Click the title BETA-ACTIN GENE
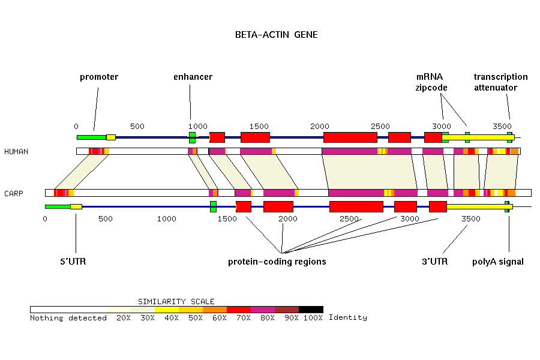276,35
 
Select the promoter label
99,77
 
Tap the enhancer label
193,77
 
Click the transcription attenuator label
500,82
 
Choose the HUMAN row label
16,151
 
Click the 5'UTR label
73,262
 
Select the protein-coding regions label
277,262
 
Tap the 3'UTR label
434,262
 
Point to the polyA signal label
497,262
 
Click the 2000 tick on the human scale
320,126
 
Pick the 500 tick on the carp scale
106,219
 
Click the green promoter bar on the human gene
91,137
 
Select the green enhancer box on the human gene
192,137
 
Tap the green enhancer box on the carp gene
213,206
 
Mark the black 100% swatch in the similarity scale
311,310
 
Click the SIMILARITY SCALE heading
176,301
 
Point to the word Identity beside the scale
347,317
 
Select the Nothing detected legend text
68,317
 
